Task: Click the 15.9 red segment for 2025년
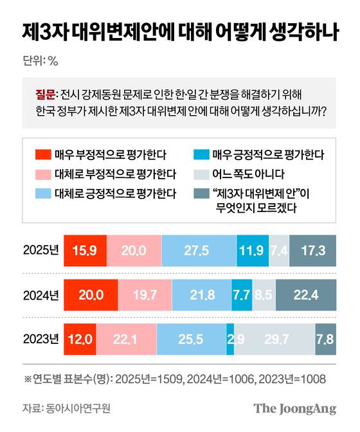(x=85, y=250)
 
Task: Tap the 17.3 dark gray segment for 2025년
(x=312, y=250)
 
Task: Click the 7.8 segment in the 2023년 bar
(x=325, y=338)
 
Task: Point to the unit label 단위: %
(x=40, y=62)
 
